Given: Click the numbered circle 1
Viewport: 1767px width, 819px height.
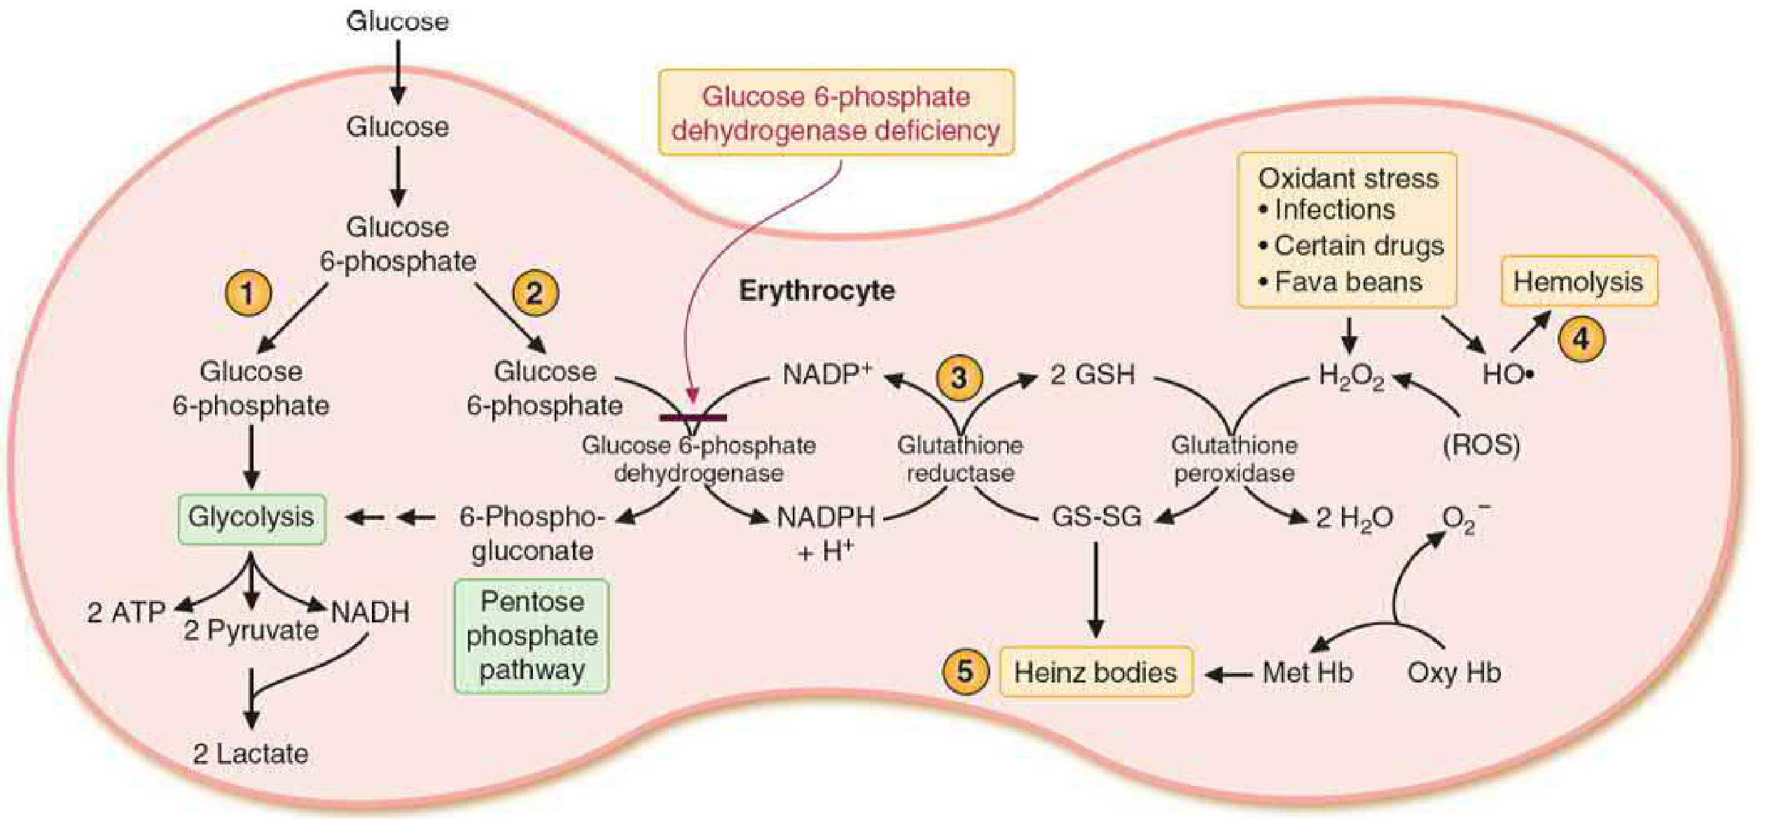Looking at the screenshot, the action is (248, 293).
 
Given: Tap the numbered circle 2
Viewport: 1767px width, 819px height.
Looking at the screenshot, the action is (535, 293).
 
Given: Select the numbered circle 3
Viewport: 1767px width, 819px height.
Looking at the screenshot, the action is (959, 377).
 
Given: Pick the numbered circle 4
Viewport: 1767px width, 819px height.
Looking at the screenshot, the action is (1581, 339).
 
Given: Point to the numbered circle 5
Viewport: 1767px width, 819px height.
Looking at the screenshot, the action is (965, 671).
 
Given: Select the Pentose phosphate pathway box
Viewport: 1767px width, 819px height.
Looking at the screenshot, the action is (532, 636).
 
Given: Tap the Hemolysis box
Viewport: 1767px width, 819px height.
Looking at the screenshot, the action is (1579, 281).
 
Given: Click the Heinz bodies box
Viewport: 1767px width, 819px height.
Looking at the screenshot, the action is (1096, 672).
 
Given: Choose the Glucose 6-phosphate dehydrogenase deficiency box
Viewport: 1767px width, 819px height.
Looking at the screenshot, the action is (836, 112).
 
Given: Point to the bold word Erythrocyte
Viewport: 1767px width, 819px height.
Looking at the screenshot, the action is (817, 290).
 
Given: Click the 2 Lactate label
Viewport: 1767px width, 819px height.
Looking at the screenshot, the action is (251, 754).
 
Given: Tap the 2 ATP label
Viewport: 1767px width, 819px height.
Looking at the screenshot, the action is (125, 612).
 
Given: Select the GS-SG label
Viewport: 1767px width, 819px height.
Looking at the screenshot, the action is (1097, 517).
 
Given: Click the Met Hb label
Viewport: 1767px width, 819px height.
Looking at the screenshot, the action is (1308, 673).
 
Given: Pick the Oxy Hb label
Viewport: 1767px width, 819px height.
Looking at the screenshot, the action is (1454, 673).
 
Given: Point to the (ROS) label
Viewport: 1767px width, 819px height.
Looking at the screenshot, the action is (1481, 446).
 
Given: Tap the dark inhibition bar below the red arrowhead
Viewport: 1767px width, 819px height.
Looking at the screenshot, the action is (693, 418).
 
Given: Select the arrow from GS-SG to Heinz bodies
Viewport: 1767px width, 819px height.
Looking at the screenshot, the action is (1096, 589).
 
